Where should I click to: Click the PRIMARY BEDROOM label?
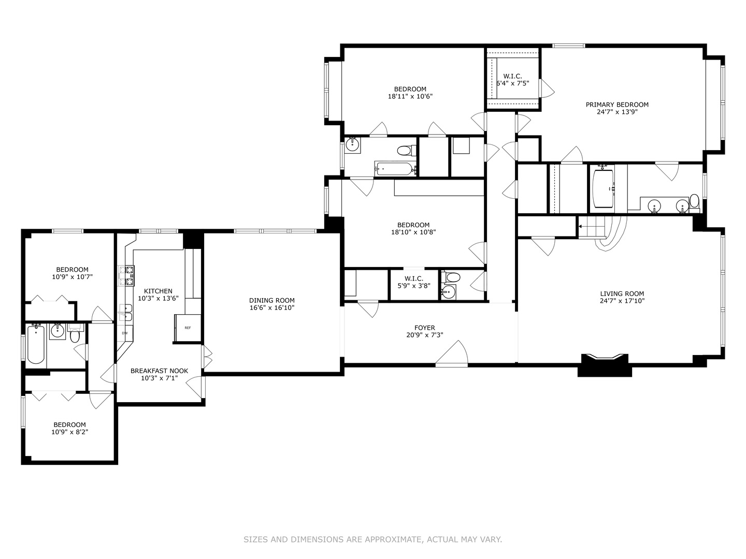(x=617, y=105)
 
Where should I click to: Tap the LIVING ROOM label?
(x=622, y=293)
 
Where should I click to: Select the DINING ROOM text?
(x=271, y=300)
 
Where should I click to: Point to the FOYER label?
(x=424, y=328)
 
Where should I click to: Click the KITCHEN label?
(x=158, y=291)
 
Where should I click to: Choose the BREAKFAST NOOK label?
(x=159, y=371)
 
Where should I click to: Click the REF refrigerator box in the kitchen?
(x=188, y=328)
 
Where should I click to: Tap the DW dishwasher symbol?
(x=125, y=333)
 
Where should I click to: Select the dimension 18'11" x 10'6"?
(x=410, y=96)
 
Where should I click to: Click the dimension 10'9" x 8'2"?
(x=69, y=432)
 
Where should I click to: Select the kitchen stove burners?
(x=126, y=276)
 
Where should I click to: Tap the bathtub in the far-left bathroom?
(x=36, y=344)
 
